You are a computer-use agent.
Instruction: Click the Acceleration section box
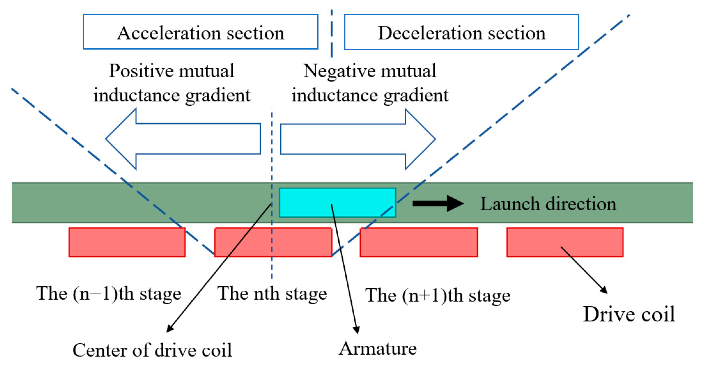pos(200,32)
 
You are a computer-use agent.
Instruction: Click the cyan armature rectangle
pos(337,203)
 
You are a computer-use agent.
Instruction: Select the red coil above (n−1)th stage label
pos(127,242)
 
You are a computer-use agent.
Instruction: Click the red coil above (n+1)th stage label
pos(418,242)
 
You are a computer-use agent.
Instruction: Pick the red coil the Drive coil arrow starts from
pos(564,242)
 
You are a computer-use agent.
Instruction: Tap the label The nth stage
pos(272,293)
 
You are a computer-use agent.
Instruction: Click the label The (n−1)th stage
pos(109,293)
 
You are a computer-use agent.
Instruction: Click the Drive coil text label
pos(629,314)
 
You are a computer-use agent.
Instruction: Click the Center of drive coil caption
pos(152,350)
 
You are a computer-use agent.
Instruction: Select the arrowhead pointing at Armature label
pos(357,330)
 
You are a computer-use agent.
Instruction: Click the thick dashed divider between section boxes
pos(331,33)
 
